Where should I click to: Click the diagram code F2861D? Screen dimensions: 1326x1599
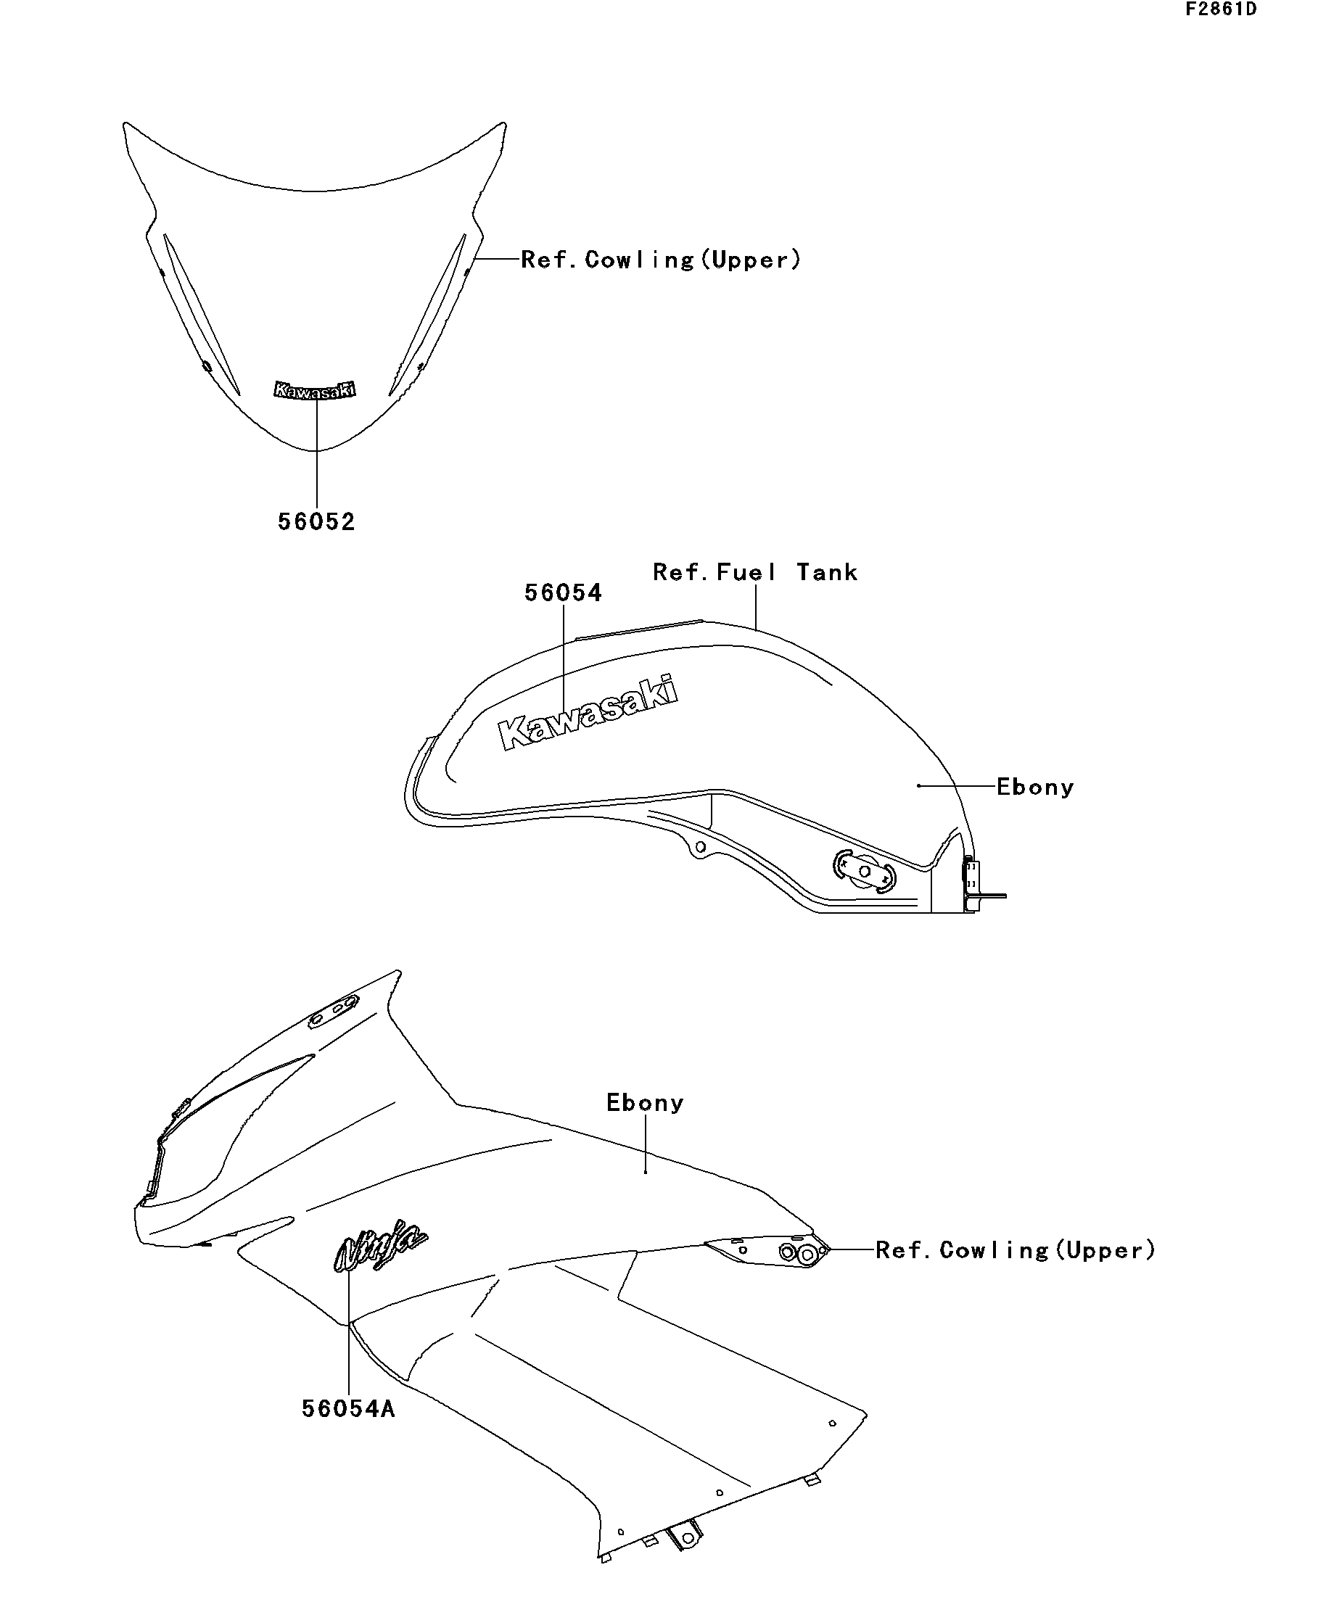pyautogui.click(x=1220, y=10)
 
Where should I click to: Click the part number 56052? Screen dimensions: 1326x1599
pyautogui.click(x=316, y=522)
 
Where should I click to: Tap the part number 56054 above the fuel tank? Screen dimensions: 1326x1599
pyautogui.click(x=563, y=593)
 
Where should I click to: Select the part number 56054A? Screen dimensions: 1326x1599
pyautogui.click(x=348, y=1408)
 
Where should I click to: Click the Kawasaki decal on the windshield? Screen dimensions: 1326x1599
pyautogui.click(x=316, y=390)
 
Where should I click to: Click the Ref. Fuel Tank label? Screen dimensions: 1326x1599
pyautogui.click(x=755, y=573)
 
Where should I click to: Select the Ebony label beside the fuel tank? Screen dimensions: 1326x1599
pyautogui.click(x=1035, y=788)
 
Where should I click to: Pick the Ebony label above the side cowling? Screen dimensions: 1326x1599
pyautogui.click(x=645, y=1102)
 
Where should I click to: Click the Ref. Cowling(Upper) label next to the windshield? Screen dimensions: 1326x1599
pyautogui.click(x=661, y=260)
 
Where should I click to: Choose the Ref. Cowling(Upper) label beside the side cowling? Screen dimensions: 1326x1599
pyautogui.click(x=1016, y=1249)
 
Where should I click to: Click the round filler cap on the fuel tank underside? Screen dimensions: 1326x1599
pyautogui.click(x=865, y=870)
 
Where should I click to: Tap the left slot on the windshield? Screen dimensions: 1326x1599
pyautogui.click(x=201, y=314)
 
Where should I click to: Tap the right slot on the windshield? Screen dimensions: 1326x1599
pyautogui.click(x=427, y=315)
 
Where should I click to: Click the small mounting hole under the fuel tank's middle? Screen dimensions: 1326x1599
pyautogui.click(x=701, y=847)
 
